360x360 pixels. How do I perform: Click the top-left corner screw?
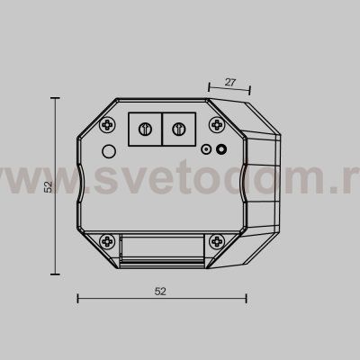pos(107,122)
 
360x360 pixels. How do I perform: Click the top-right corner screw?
pos(219,122)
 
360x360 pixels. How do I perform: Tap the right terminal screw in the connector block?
pos(178,127)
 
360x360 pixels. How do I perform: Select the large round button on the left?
pos(109,150)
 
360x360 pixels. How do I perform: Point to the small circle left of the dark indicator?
pos(206,150)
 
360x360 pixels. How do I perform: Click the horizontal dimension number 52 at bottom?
pos(160,291)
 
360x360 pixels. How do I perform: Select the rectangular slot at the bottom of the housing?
pos(163,246)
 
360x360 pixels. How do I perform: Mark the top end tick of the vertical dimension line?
pos(59,99)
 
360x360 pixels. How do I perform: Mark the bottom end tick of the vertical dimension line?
pos(59,274)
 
